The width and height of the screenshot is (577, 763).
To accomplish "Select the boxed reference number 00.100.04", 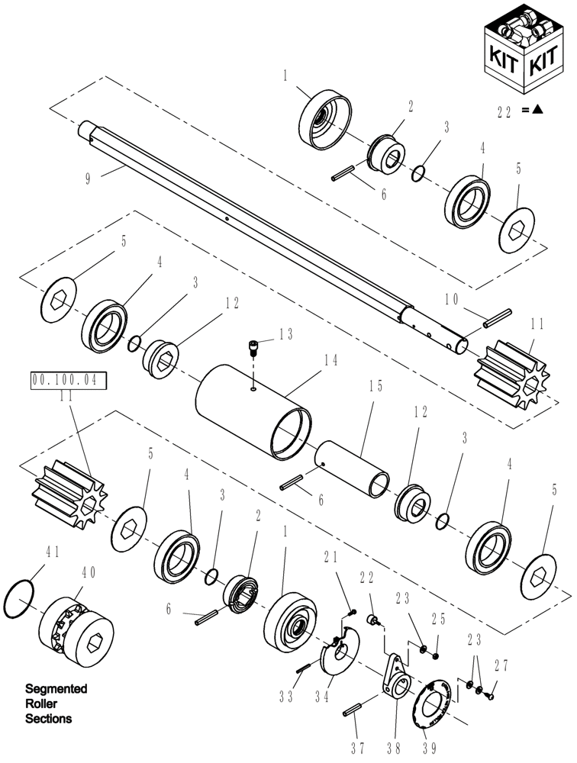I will click(x=69, y=379).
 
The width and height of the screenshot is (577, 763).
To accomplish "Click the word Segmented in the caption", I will click(x=56, y=689).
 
